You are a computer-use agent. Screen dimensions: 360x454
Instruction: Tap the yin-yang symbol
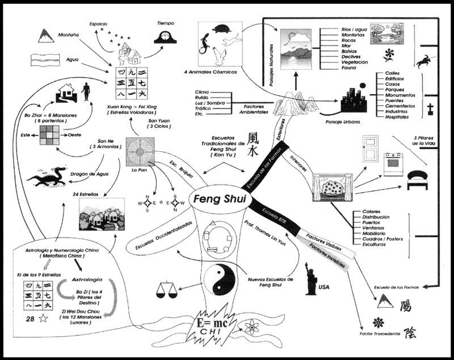[x=218, y=279]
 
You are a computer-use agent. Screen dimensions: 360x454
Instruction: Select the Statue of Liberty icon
[x=310, y=279]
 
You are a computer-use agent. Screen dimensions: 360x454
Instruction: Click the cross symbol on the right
[x=431, y=109]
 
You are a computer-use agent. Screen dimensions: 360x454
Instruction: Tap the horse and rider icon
[x=423, y=61]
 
